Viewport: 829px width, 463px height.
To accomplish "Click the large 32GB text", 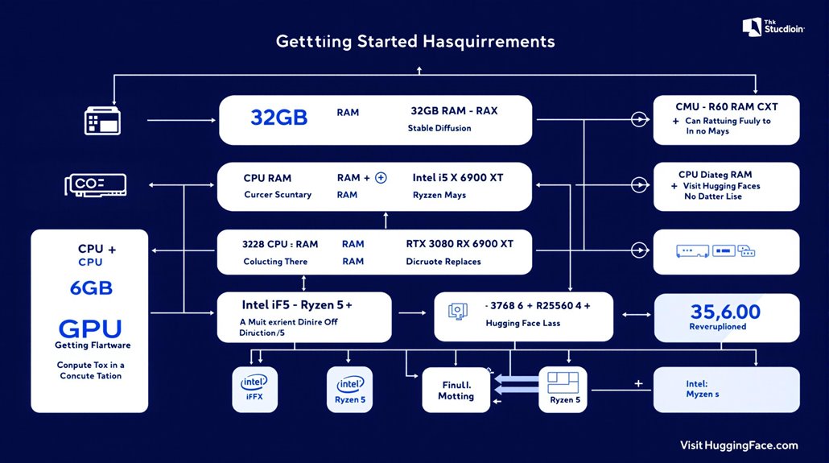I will tap(278, 118).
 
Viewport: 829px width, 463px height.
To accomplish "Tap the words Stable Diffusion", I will tap(439, 128).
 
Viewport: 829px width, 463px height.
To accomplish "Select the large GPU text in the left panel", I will tap(89, 329).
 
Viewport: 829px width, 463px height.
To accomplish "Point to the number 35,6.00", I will tap(725, 312).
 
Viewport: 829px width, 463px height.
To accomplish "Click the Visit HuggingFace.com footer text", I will tap(738, 445).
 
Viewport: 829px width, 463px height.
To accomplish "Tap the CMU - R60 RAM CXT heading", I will tap(726, 106).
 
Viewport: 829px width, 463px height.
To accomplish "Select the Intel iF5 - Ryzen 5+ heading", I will tap(297, 305).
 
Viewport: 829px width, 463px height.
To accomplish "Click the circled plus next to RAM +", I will tap(382, 177).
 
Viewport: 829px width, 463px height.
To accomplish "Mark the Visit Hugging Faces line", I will tap(724, 186).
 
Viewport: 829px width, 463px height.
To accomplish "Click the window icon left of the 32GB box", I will tap(102, 121).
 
